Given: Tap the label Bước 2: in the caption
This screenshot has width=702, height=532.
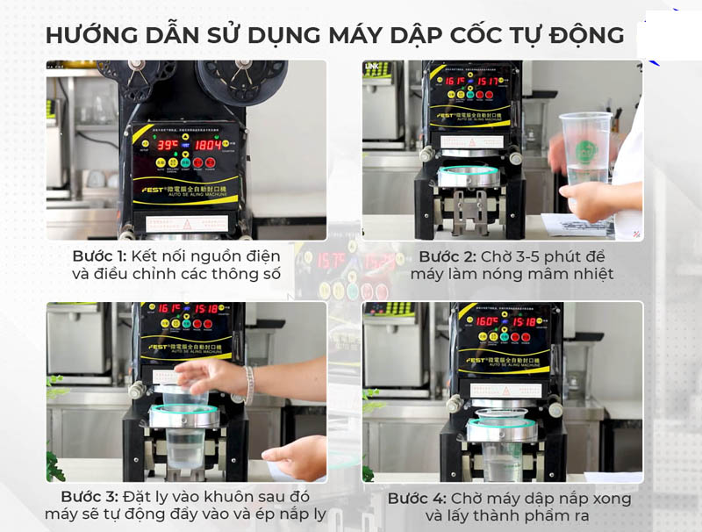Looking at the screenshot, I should (x=446, y=255).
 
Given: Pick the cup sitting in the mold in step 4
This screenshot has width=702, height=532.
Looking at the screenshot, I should (x=501, y=439).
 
